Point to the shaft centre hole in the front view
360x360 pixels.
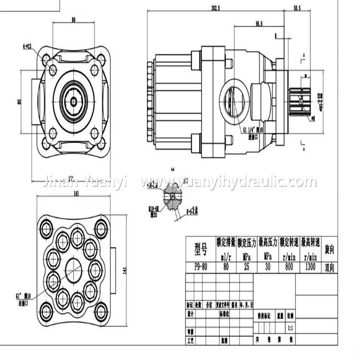[x=73, y=100]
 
